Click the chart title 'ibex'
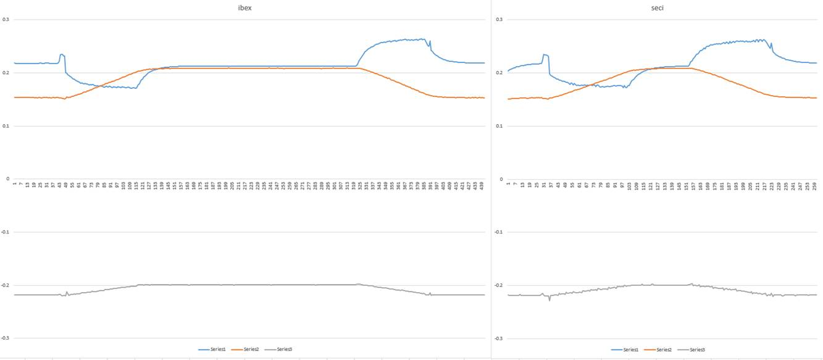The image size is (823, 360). coord(246,8)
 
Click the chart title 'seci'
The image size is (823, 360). coord(657,8)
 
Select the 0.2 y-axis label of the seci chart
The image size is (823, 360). coord(499,73)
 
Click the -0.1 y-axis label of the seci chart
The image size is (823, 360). coord(498,232)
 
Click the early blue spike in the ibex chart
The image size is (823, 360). coord(61,55)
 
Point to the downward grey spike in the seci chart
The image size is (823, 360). coord(549,299)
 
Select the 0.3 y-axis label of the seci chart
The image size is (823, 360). coord(499,20)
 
